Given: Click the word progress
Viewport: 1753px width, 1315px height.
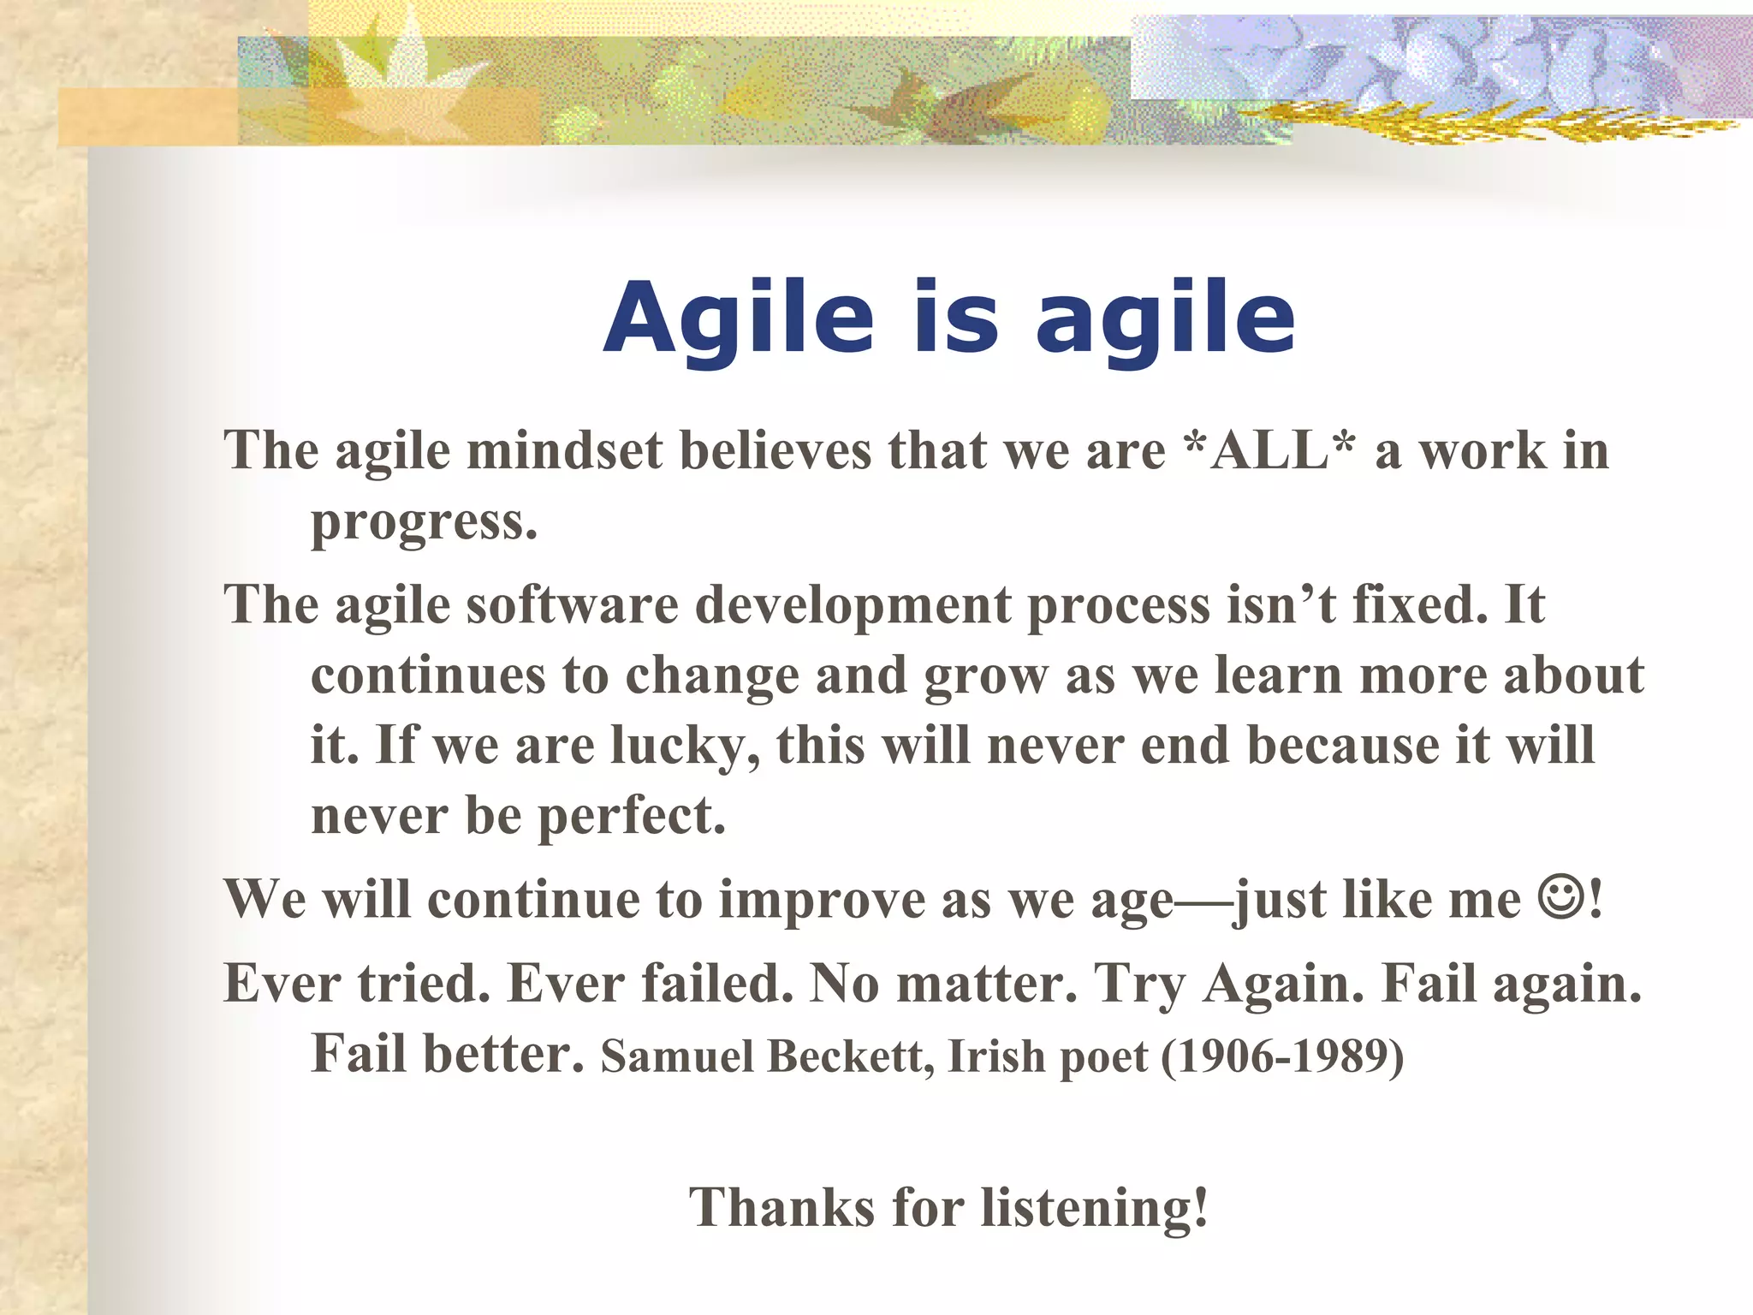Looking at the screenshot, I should click(424, 522).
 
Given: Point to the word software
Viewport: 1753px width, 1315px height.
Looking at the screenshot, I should click(572, 605).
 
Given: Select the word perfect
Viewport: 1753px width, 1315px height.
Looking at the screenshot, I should click(631, 816).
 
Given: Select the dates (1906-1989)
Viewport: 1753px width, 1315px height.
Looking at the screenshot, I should click(1282, 1056).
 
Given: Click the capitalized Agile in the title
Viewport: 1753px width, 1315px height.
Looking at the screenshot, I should click(738, 319).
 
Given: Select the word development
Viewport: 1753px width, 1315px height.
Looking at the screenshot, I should click(853, 605).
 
